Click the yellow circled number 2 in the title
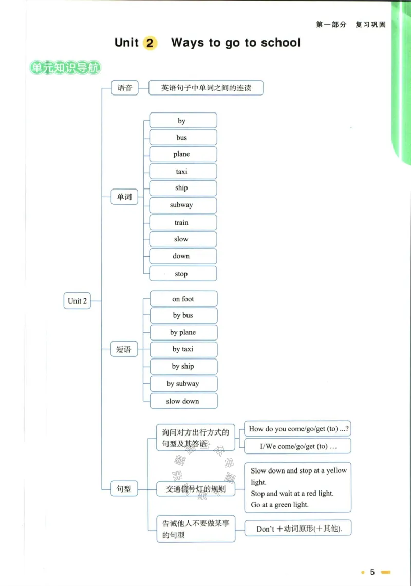[x=150, y=43]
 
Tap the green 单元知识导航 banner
[x=65, y=68]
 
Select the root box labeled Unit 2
[x=77, y=301]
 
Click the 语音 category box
[x=124, y=88]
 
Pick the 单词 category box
[x=124, y=197]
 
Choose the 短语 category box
[x=124, y=349]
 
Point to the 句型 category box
[x=124, y=488]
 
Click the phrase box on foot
[x=183, y=299]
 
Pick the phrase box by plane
[x=183, y=332]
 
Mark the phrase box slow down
[x=183, y=401]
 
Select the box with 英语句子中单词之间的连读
[x=206, y=88]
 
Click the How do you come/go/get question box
[x=297, y=429]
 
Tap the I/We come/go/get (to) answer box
[x=297, y=446]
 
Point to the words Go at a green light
[x=279, y=505]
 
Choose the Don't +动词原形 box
[x=298, y=528]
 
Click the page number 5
[x=372, y=572]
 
